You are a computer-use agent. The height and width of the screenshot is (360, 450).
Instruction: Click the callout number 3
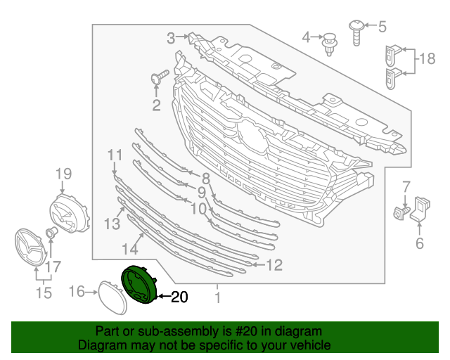[x=171, y=37]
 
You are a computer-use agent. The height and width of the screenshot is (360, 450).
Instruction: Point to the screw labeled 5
[x=357, y=31]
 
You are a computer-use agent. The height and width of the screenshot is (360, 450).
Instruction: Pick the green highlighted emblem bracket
[x=139, y=284]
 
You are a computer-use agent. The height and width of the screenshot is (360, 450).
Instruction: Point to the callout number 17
[x=53, y=266]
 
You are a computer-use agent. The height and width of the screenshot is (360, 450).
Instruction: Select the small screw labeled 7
[x=401, y=211]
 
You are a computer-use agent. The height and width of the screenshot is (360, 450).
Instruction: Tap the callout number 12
[x=274, y=265]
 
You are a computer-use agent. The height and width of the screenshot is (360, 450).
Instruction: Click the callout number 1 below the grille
[x=217, y=298]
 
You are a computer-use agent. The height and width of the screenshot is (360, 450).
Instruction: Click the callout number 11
[x=115, y=154]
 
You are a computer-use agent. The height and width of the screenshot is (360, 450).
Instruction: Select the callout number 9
[x=201, y=192]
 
